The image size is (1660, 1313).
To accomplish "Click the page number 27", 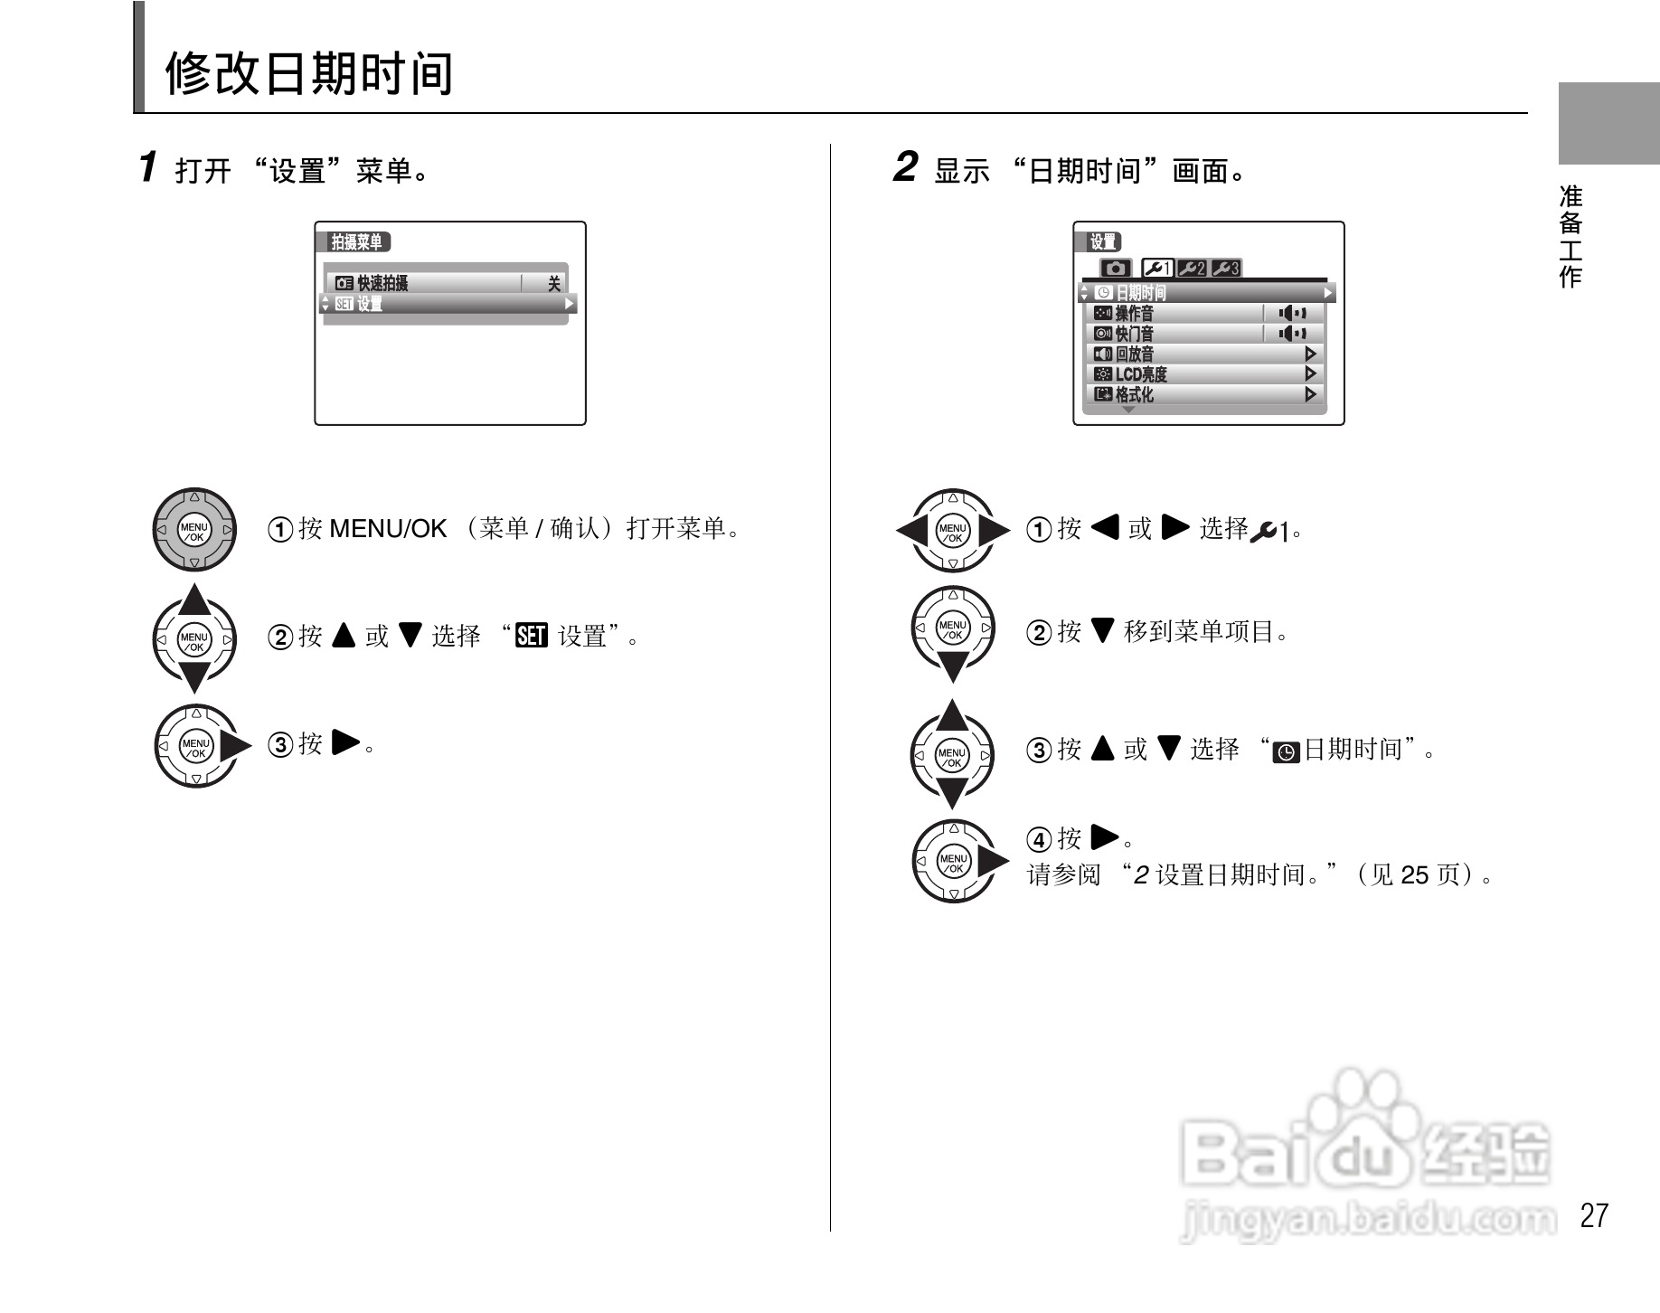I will pyautogui.click(x=1594, y=1215).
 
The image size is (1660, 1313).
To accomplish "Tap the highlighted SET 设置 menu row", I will pyautogui.click(x=448, y=305).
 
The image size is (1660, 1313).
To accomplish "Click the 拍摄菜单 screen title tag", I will pyautogui.click(x=357, y=242).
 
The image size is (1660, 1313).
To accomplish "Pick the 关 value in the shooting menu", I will pyautogui.click(x=553, y=284).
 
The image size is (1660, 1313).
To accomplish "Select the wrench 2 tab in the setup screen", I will pyautogui.click(x=1193, y=269).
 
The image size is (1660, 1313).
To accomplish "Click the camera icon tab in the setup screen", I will pyautogui.click(x=1116, y=269).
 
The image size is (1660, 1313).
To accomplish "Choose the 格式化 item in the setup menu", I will pyautogui.click(x=1203, y=395).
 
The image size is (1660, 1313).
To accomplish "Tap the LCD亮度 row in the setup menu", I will pyautogui.click(x=1203, y=374).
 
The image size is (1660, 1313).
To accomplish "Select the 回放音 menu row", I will pyautogui.click(x=1203, y=354).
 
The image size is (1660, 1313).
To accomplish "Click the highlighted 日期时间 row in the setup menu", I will pyautogui.click(x=1203, y=293).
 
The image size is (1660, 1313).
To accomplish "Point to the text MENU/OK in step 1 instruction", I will pyautogui.click(x=388, y=529).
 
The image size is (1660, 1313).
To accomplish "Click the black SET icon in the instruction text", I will pyautogui.click(x=531, y=637).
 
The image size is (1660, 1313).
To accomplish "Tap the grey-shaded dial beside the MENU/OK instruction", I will pyautogui.click(x=194, y=531).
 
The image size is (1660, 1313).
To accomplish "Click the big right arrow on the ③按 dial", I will pyautogui.click(x=235, y=746).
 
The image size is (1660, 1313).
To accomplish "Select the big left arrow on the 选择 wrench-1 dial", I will pyautogui.click(x=912, y=531).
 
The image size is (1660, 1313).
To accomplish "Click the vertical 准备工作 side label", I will pyautogui.click(x=1570, y=236).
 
